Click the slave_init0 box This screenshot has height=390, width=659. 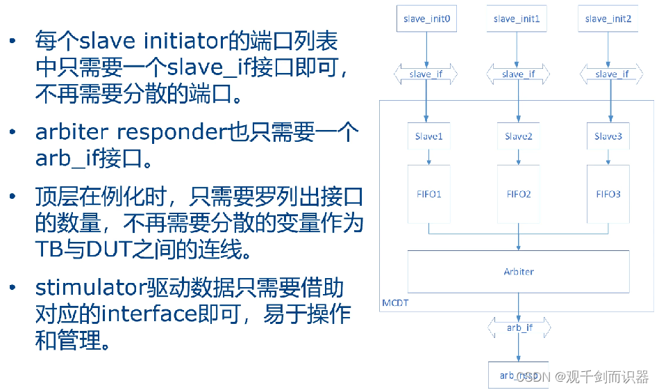pos(426,19)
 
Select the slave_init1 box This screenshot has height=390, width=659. pos(517,19)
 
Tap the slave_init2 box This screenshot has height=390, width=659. pos(608,19)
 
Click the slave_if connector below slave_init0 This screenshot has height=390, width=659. pos(426,74)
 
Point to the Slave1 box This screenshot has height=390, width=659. pos(428,136)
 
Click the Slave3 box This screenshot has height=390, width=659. pos(608,136)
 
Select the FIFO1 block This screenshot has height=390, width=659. pos(428,194)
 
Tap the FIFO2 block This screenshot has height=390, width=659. pos(519,194)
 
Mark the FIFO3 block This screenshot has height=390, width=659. pos(608,194)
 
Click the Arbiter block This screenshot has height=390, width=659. pos(518,271)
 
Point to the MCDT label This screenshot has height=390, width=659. pos(396,304)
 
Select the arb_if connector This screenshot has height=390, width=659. pos(519,327)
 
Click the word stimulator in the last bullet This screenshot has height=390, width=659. pos(90,287)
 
